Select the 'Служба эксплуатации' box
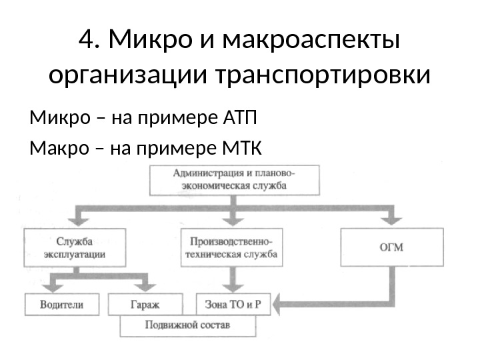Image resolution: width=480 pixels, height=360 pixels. (x=75, y=247)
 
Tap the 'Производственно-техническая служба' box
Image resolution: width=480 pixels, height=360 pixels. (x=231, y=247)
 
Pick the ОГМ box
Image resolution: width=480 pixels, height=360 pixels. (x=391, y=247)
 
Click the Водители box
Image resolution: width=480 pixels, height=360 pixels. (x=63, y=305)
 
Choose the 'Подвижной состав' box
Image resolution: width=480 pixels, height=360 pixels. (x=187, y=326)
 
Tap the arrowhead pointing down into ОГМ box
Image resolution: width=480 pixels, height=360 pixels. (x=391, y=222)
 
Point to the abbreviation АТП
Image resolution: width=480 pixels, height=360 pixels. (x=237, y=120)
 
